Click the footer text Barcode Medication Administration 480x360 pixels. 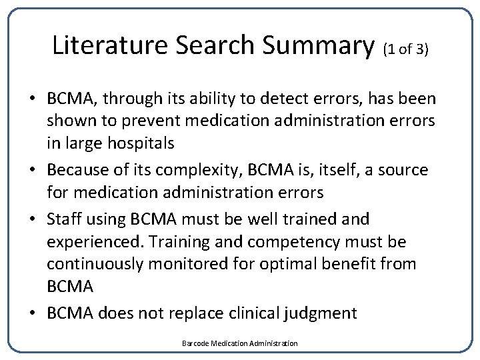coord(240,343)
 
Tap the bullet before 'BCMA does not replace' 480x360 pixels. coord(32,313)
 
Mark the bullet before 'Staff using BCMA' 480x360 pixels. coord(32,219)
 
